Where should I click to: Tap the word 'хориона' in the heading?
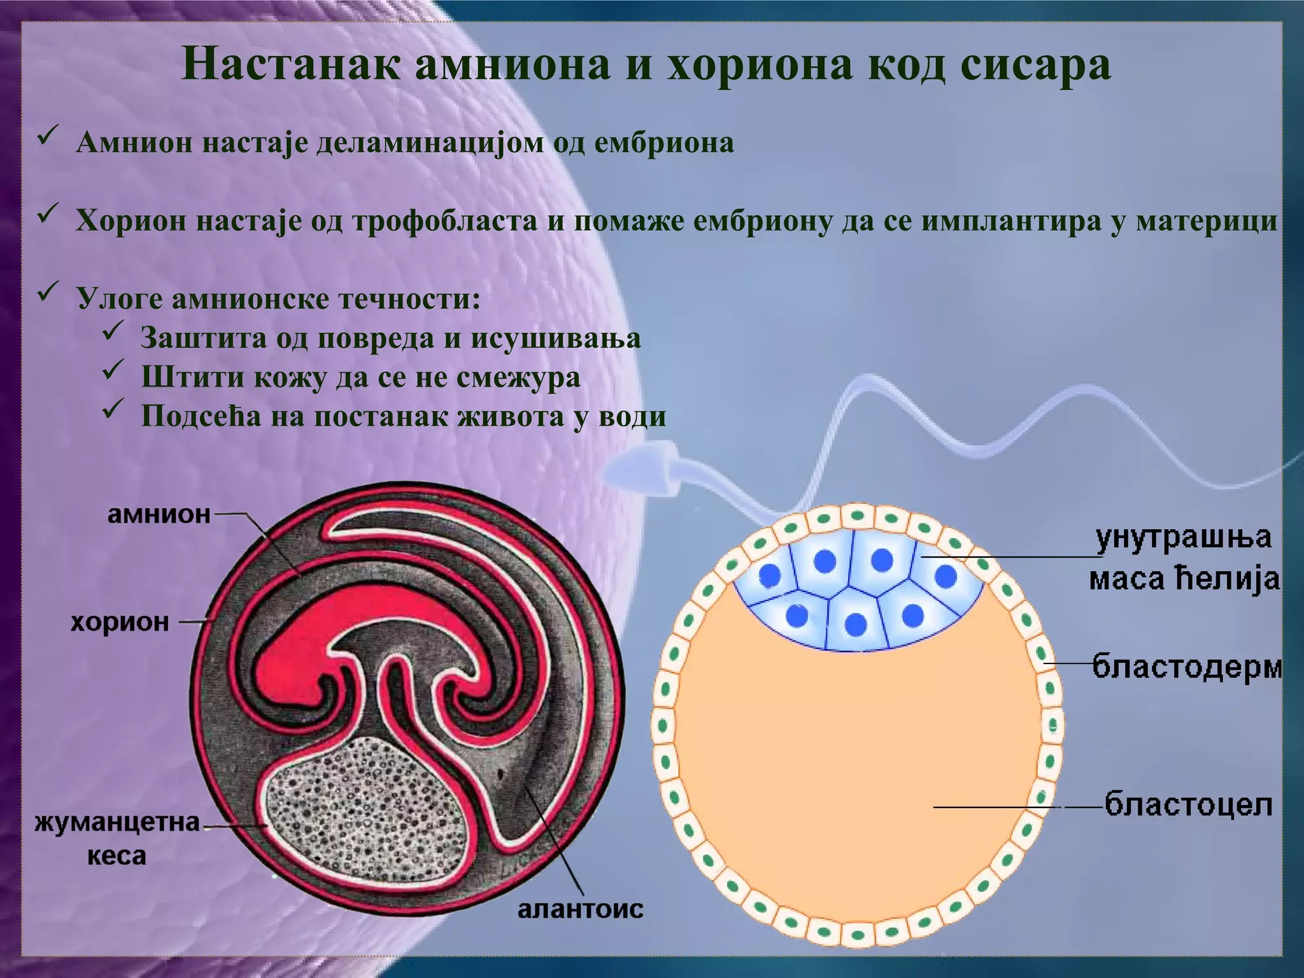click(758, 65)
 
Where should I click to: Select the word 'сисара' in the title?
click(1031, 65)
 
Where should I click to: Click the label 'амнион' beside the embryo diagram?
click(159, 513)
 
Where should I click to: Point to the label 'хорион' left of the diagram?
click(120, 621)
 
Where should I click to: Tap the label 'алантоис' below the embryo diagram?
click(580, 909)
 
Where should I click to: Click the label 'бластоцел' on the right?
click(1188, 805)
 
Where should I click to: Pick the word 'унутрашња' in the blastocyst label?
click(1184, 538)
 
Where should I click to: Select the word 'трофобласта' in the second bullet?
click(445, 221)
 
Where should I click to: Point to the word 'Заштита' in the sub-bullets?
click(204, 338)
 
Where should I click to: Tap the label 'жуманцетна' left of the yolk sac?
click(117, 823)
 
